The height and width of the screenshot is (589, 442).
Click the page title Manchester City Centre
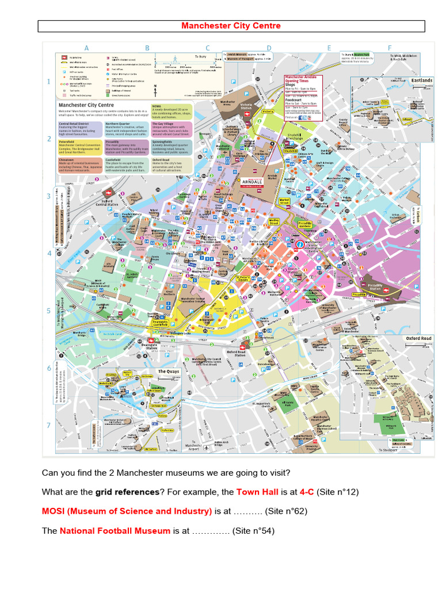click(x=231, y=26)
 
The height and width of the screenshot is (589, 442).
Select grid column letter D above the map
click(x=268, y=48)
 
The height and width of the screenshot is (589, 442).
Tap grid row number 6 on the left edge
click(x=49, y=368)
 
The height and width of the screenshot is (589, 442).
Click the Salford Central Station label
click(x=106, y=202)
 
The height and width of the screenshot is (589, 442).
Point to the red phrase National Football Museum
click(x=115, y=530)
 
